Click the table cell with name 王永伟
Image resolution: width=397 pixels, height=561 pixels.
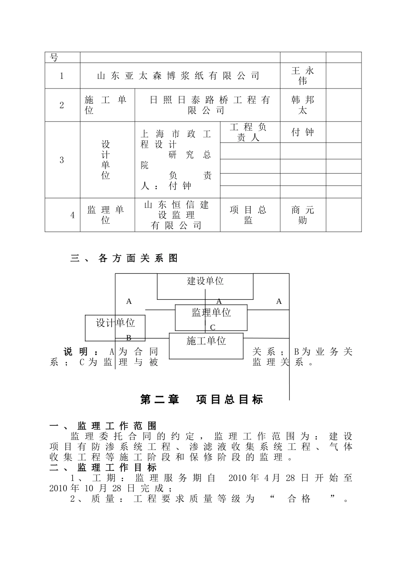(303, 76)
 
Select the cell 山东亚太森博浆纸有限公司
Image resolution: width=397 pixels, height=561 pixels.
(178, 76)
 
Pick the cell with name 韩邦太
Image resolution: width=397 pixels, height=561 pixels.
(303, 105)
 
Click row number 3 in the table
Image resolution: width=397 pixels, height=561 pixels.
(62, 160)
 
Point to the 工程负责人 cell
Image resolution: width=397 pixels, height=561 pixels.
(249, 132)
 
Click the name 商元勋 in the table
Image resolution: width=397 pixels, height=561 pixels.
(303, 215)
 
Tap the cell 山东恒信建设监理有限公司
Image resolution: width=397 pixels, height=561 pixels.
(177, 215)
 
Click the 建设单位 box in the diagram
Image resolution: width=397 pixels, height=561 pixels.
(205, 281)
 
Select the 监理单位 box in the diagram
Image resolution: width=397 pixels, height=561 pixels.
(211, 313)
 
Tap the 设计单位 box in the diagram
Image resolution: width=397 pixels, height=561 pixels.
(115, 323)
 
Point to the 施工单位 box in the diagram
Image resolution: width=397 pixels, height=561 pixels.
(206, 341)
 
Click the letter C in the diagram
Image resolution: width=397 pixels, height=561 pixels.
(213, 328)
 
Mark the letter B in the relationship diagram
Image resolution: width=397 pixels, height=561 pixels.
(129, 337)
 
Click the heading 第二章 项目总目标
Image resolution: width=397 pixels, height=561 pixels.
(202, 399)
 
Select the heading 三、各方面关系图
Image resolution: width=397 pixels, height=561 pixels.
(124, 258)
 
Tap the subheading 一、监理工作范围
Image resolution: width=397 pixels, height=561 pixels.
(103, 426)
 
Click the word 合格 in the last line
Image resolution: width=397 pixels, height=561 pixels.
(299, 498)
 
